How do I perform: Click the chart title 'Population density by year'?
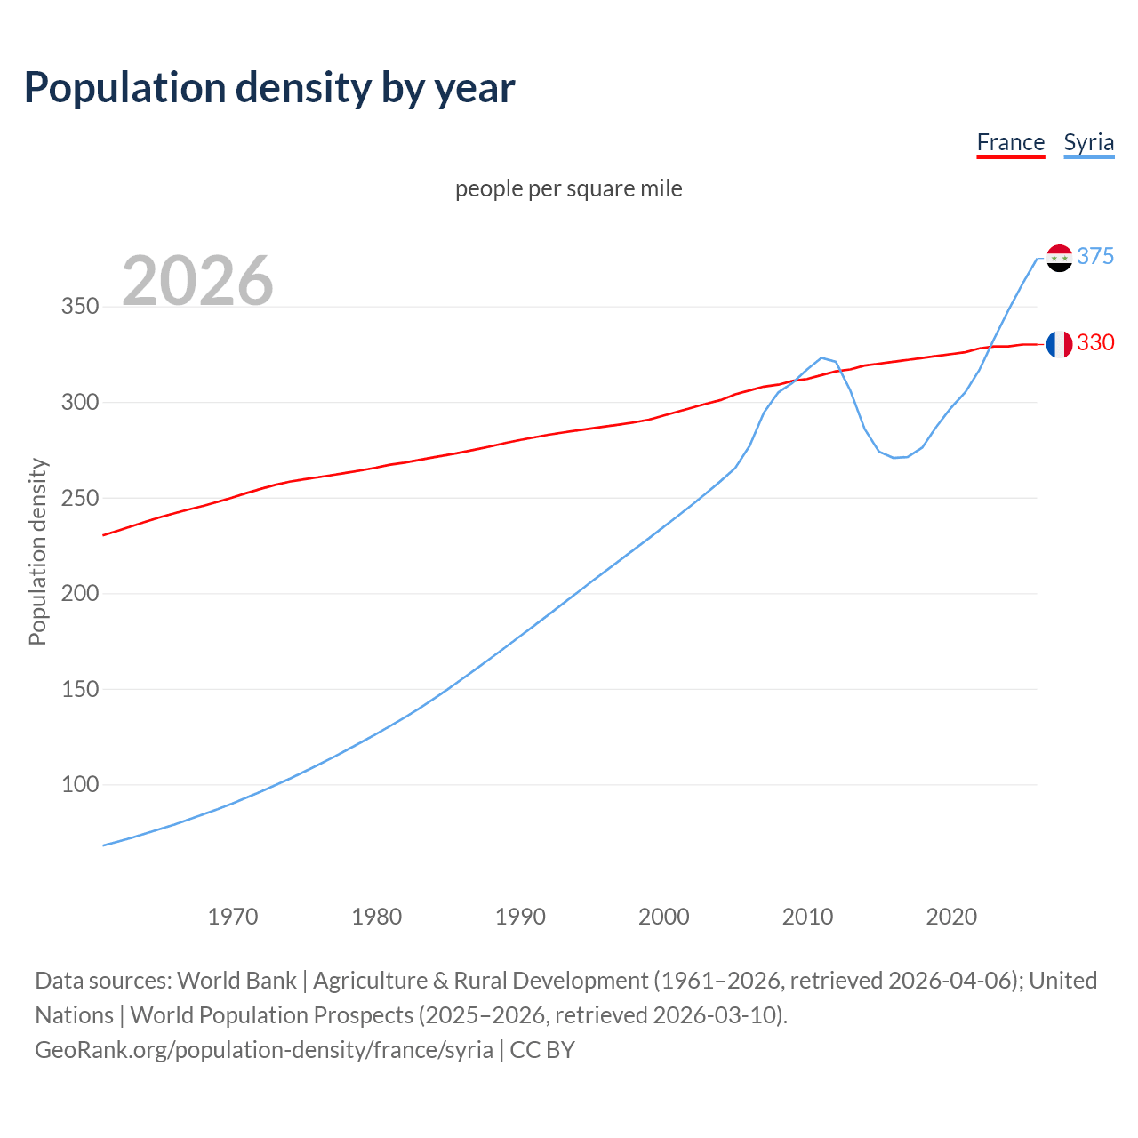click(x=269, y=88)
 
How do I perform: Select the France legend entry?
click(x=1010, y=142)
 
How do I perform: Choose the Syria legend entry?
click(x=1088, y=142)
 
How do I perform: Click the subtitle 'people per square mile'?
click(x=568, y=188)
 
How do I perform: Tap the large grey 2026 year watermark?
click(x=197, y=281)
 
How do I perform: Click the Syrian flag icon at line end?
click(x=1059, y=258)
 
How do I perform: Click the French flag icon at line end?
click(x=1059, y=344)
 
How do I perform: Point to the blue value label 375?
click(x=1094, y=256)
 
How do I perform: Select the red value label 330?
click(x=1094, y=342)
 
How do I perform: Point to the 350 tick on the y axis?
click(x=79, y=307)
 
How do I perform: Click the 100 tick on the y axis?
click(x=79, y=785)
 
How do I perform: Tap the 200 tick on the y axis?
click(x=79, y=594)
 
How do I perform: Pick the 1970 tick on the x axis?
click(x=233, y=917)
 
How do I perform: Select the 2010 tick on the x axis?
click(x=807, y=917)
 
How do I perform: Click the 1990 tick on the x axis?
click(x=520, y=917)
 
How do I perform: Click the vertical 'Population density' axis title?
click(x=37, y=551)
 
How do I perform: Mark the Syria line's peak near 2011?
click(x=821, y=357)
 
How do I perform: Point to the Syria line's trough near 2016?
click(x=894, y=457)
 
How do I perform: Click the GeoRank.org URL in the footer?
click(x=263, y=1050)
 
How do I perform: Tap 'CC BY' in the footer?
click(x=542, y=1050)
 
